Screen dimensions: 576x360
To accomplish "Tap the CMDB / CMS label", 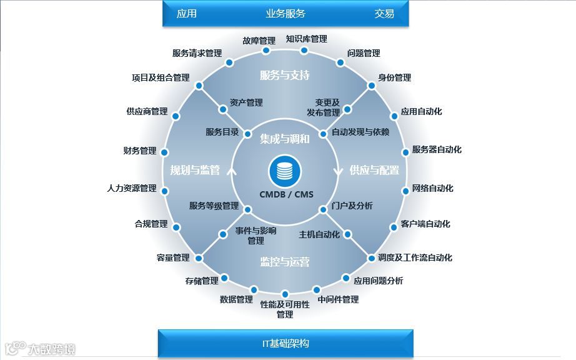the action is point(286,194).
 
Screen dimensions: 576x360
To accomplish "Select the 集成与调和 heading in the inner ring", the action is point(285,139).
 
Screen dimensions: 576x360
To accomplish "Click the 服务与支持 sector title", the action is point(285,76).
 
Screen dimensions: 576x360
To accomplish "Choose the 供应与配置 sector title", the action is point(374,170).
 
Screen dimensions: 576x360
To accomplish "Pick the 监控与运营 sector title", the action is point(285,262).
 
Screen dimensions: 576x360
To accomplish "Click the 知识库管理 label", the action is point(306,39).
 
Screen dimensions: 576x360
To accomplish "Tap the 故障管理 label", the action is point(259,41).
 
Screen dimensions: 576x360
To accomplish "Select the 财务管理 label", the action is point(140,151).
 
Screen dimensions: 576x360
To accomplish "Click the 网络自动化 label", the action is point(433,188).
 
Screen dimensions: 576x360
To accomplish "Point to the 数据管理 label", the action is point(236,299).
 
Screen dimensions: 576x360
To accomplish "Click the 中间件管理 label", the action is point(338,299).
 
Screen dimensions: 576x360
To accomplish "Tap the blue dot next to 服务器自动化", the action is point(404,152).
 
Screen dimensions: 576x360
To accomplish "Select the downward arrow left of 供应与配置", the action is point(339,170).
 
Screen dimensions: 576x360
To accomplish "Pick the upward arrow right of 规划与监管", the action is point(232,170).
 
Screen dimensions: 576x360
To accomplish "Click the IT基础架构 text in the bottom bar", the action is point(285,343).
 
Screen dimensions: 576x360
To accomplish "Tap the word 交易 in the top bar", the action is point(384,14).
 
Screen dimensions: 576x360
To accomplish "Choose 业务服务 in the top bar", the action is point(286,14).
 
